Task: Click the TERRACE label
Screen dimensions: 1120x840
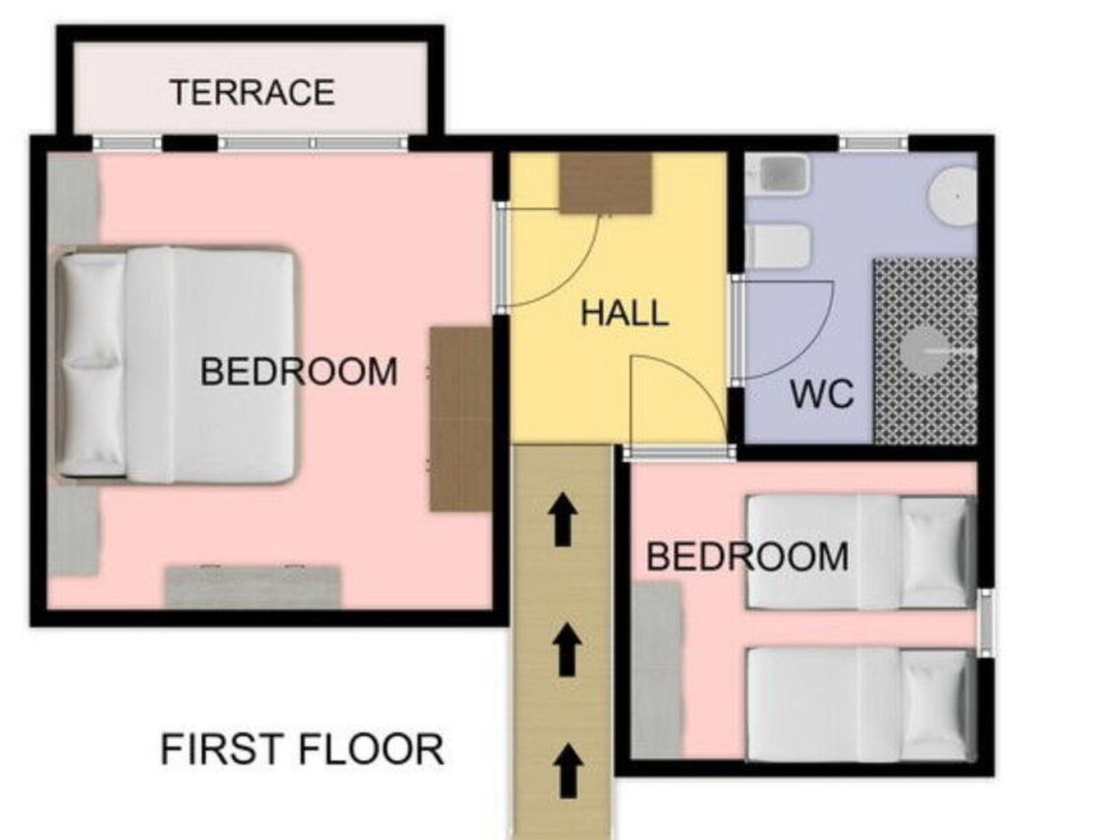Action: [x=252, y=92]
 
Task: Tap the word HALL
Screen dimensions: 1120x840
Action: [x=625, y=313]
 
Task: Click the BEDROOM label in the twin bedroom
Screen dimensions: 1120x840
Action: [x=748, y=557]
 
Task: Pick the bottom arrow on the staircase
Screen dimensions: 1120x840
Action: [x=568, y=772]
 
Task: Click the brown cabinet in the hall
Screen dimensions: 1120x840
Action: [x=606, y=183]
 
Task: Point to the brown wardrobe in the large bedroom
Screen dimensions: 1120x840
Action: [x=460, y=419]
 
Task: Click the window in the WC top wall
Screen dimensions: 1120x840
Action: [x=873, y=143]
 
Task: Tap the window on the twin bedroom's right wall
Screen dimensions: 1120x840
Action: [x=986, y=623]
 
